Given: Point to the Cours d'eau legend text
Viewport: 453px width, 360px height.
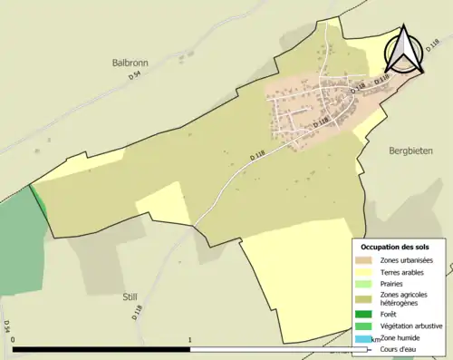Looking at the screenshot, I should coord(401,347).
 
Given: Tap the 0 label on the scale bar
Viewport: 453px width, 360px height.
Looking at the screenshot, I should coord(14,341).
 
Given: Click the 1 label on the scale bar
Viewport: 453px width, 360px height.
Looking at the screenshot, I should coord(190,341).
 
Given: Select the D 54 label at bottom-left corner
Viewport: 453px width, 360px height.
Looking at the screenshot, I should coord(6,326).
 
